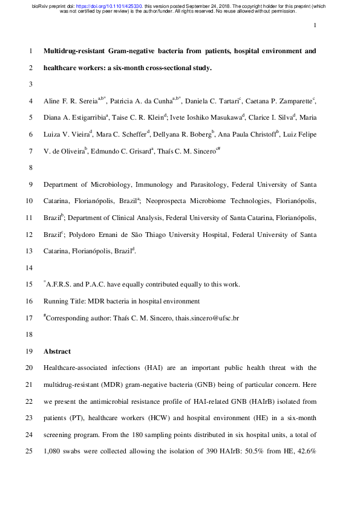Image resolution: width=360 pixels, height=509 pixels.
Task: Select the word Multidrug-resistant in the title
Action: point(73,51)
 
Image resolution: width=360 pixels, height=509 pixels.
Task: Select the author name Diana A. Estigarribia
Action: point(74,117)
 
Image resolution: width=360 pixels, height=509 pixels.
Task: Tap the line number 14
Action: point(28,267)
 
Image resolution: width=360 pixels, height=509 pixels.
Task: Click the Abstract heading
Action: point(57,351)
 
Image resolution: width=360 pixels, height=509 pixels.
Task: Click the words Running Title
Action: point(65,300)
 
